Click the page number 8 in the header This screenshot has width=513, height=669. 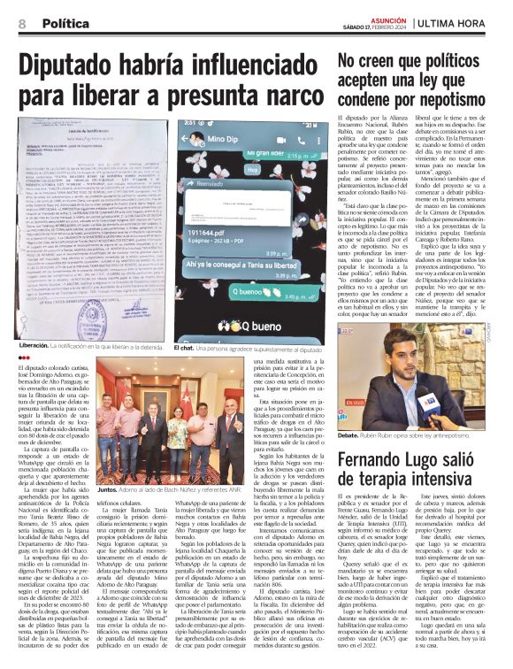[x=20, y=23]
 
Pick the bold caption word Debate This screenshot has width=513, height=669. [x=351, y=436]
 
